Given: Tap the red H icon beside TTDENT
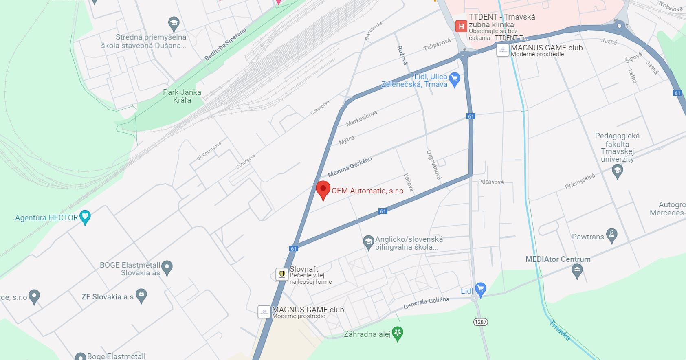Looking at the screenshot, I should tap(461, 27).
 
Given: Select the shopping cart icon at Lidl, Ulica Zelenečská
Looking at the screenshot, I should tap(455, 79).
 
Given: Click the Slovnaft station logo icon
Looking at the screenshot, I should tap(282, 274).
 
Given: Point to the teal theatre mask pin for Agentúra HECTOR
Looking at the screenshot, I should tap(85, 217).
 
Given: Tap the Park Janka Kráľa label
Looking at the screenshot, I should tap(182, 96).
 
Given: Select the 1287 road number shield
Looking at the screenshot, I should tap(480, 322).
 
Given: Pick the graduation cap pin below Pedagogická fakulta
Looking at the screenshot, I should tap(618, 171).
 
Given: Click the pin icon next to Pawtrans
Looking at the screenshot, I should tap(611, 235).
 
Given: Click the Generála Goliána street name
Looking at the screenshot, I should tap(426, 303).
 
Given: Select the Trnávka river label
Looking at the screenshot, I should tap(559, 330).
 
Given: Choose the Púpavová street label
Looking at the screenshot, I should tap(491, 182).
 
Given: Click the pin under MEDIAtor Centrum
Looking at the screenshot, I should tap(577, 270).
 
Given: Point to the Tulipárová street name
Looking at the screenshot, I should tap(437, 44).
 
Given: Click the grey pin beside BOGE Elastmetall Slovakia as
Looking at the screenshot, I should tap(167, 268).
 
